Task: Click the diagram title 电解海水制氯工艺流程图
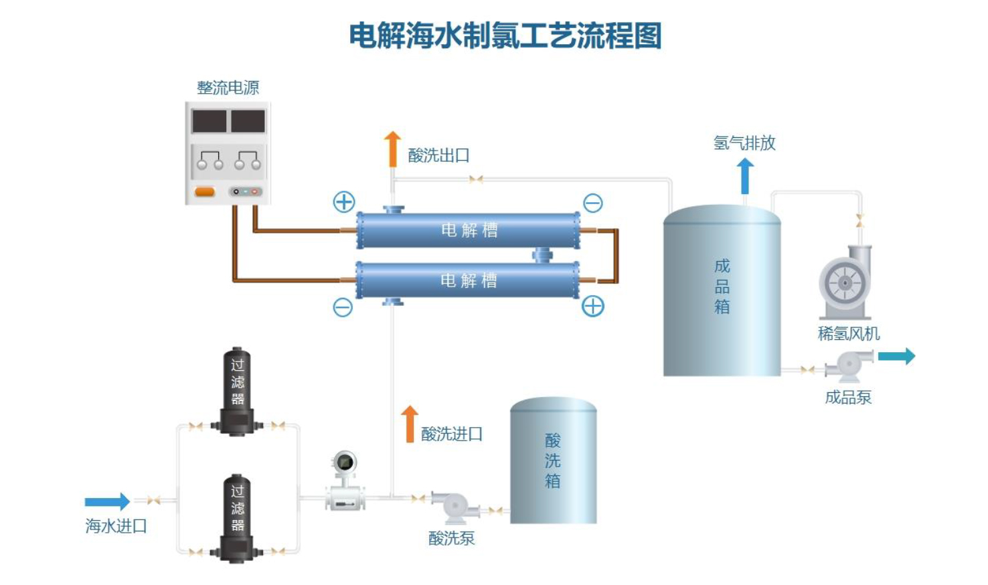coord(505,35)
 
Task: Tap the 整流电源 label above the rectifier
coord(228,88)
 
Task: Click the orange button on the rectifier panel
coord(205,192)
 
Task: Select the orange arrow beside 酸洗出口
coord(392,149)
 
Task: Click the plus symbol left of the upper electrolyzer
coord(344,202)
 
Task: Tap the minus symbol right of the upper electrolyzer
coord(593,203)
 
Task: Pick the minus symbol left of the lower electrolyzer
coord(343,307)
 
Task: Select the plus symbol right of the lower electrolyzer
coord(593,306)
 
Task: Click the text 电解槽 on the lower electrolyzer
coord(469,280)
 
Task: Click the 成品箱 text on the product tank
coord(722,286)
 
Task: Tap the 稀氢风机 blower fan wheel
coord(845,283)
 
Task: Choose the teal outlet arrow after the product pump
coord(897,356)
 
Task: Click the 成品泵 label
coord(848,398)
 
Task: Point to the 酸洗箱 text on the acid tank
coord(553,460)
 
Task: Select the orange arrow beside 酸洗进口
coord(410,424)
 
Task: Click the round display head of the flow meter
coord(345,463)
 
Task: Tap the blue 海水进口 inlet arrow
coord(107,501)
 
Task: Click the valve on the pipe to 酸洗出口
coord(476,179)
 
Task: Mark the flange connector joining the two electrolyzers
coord(542,255)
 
